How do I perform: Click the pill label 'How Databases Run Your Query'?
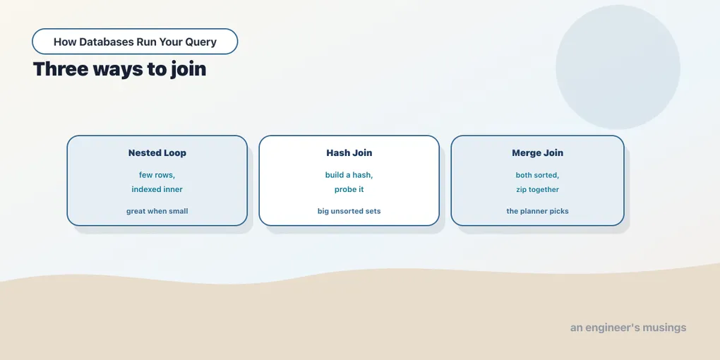pyautogui.click(x=135, y=42)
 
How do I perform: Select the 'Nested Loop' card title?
pyautogui.click(x=157, y=153)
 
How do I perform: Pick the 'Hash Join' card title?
pyautogui.click(x=349, y=153)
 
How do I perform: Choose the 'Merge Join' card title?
pyautogui.click(x=537, y=153)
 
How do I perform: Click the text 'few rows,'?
pyautogui.click(x=157, y=175)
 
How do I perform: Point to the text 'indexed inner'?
pyautogui.click(x=157, y=189)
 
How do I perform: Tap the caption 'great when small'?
pyautogui.click(x=157, y=211)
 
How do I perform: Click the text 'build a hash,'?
pyautogui.click(x=349, y=175)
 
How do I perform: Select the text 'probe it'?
pyautogui.click(x=349, y=189)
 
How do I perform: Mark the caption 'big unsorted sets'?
pyautogui.click(x=349, y=211)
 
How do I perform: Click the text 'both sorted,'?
pyautogui.click(x=537, y=175)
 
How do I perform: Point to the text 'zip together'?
pyautogui.click(x=537, y=189)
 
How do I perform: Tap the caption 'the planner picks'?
pyautogui.click(x=537, y=211)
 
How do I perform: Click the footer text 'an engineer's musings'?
pyautogui.click(x=628, y=328)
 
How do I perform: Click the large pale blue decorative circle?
pyautogui.click(x=618, y=67)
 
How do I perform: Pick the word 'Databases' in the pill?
pyautogui.click(x=107, y=42)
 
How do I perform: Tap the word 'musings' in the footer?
pyautogui.click(x=664, y=328)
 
